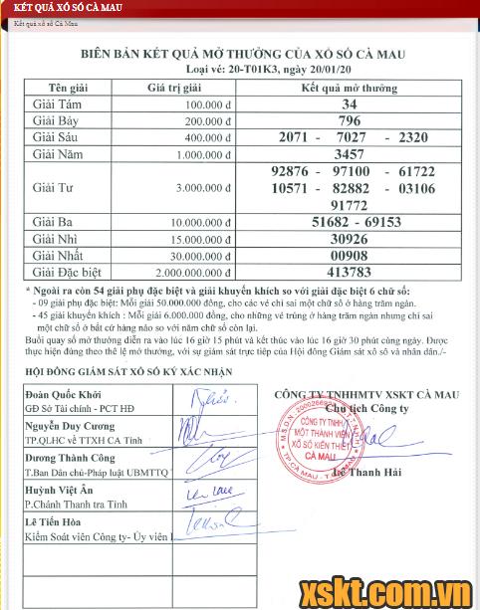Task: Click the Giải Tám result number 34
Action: pyautogui.click(x=349, y=104)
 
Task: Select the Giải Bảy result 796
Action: pyautogui.click(x=350, y=121)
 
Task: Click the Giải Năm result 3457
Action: pyautogui.click(x=351, y=155)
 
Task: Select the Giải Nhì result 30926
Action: pyautogui.click(x=350, y=240)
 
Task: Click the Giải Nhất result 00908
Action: pyautogui.click(x=350, y=256)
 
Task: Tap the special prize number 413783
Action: pyautogui.click(x=350, y=272)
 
